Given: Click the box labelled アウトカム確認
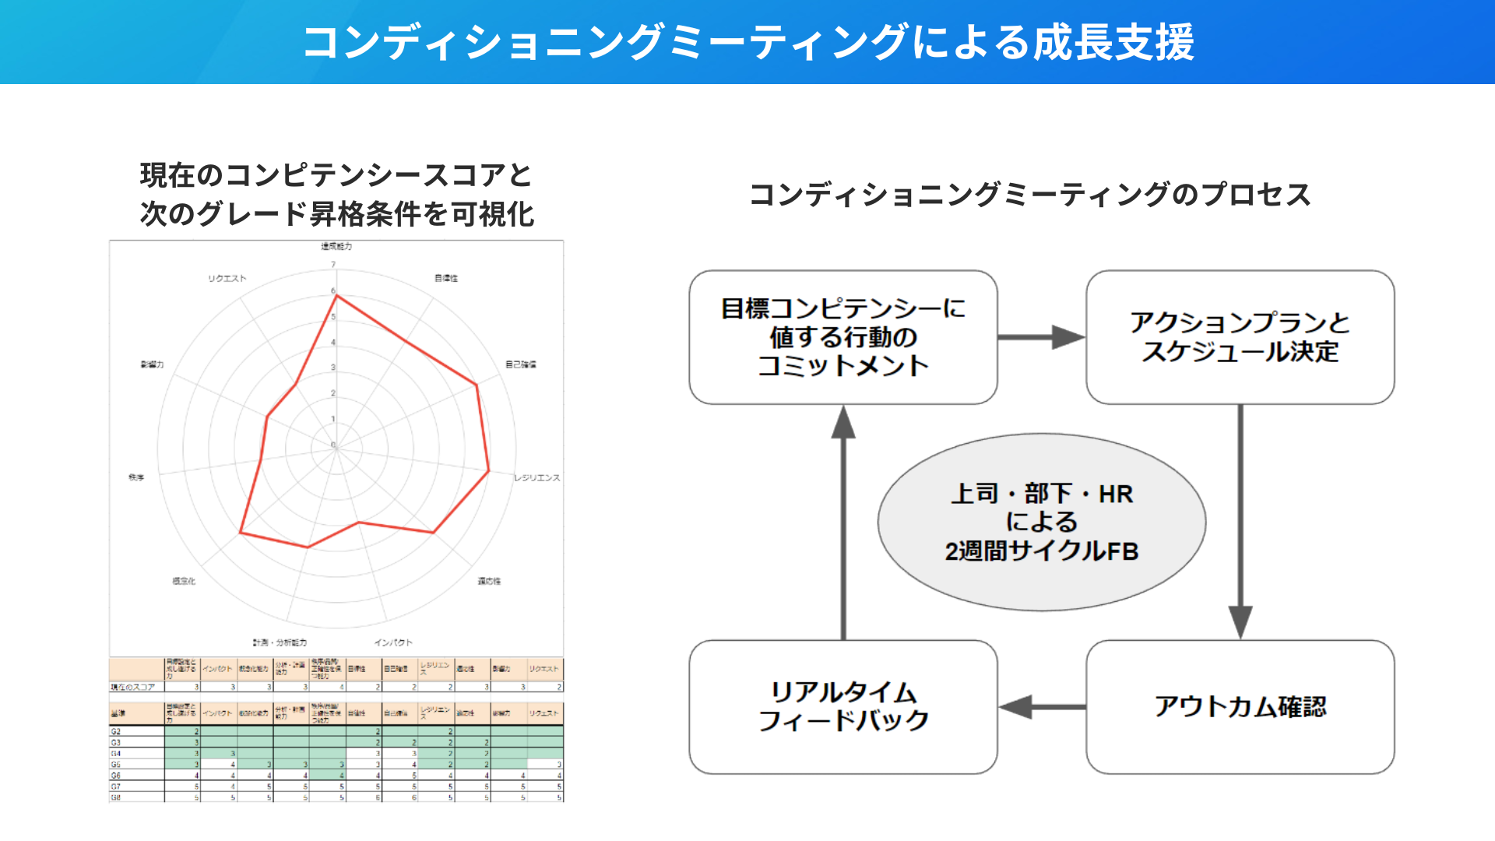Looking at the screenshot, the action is (x=1240, y=706).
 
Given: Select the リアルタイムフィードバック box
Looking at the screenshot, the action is (x=843, y=706).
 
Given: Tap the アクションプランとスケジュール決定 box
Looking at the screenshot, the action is (x=1240, y=336).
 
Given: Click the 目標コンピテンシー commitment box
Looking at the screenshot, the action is (x=843, y=336).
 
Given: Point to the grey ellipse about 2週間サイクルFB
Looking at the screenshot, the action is (x=1041, y=522).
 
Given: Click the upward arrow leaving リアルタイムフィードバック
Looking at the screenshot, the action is (x=843, y=522).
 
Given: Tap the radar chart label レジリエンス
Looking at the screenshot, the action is (x=536, y=477).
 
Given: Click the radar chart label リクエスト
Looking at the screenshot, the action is (x=227, y=278).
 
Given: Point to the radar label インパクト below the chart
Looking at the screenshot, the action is (x=393, y=642).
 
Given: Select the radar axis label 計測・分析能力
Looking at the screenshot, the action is (x=280, y=642).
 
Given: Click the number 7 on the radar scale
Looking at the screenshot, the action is (x=333, y=265).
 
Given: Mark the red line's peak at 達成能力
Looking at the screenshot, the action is (x=336, y=295).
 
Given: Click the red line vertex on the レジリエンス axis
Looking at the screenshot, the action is (x=488, y=471).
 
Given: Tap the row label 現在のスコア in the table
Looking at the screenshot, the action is (x=133, y=688).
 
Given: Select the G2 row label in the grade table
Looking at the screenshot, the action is (x=116, y=731).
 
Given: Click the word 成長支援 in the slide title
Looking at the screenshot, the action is (x=1113, y=42).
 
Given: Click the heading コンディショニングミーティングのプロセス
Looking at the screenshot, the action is (x=1029, y=195).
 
